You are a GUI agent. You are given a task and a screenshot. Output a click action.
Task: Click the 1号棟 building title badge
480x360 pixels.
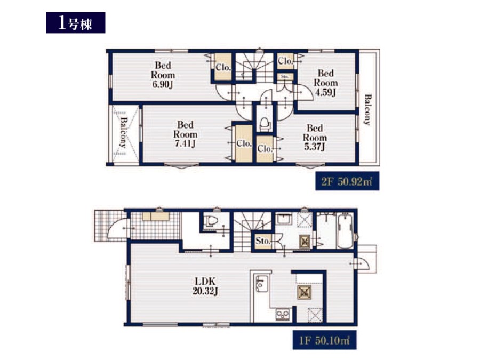[76, 22]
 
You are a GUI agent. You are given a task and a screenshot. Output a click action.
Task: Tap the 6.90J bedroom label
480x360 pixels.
[163, 75]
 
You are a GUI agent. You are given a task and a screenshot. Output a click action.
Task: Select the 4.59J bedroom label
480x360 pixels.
[326, 83]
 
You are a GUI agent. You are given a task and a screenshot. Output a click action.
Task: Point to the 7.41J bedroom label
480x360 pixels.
[185, 134]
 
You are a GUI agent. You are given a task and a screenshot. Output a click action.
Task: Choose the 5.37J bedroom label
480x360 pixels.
[315, 138]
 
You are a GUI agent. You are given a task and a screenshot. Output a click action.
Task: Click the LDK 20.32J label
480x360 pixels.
[205, 286]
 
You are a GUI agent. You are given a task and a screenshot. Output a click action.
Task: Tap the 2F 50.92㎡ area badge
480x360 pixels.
[347, 181]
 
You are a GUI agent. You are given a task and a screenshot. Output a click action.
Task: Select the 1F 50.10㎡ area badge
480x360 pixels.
[324, 340]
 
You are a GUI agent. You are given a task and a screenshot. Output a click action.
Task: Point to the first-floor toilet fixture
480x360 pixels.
[211, 220]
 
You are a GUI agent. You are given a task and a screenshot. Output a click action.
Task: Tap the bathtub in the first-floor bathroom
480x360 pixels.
[345, 231]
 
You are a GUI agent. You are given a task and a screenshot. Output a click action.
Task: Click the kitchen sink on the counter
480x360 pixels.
[262, 284]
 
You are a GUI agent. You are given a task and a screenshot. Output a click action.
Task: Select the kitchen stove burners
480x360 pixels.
[282, 314]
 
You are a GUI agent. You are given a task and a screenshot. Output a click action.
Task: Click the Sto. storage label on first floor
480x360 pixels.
[262, 241]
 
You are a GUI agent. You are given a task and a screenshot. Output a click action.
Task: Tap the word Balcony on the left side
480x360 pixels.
[123, 133]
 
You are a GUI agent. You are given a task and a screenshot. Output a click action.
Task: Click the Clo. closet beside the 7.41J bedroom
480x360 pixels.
[244, 143]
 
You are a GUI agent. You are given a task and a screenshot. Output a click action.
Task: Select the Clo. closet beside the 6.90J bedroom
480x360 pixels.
[223, 67]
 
